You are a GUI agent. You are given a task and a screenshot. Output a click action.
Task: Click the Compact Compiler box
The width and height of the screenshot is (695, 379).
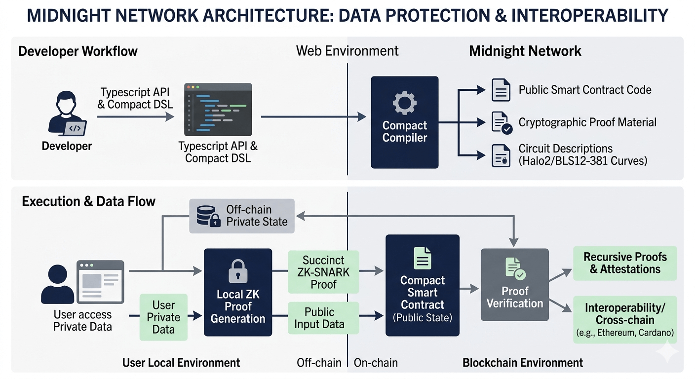point(404,122)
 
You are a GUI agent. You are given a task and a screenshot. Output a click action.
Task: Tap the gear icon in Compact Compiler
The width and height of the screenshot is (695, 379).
point(404,104)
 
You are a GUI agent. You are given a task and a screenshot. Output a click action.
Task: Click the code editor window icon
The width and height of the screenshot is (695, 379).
point(218,109)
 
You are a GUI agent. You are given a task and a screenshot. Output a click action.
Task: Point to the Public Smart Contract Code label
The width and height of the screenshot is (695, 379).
point(584,90)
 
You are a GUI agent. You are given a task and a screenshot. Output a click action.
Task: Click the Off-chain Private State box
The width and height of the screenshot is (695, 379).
point(242,216)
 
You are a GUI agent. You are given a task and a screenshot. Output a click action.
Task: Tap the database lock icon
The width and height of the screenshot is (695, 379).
point(208,216)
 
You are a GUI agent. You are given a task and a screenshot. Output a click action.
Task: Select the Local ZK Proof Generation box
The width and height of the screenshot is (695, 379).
point(237,292)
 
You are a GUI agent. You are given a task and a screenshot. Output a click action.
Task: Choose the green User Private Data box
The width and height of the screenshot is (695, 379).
point(163,317)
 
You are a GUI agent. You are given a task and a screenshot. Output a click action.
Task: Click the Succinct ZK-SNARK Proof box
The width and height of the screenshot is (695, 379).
point(323,272)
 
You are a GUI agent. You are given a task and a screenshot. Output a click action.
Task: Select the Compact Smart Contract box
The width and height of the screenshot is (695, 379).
point(422,285)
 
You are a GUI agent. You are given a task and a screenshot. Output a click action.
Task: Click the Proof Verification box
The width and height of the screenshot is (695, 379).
point(514,285)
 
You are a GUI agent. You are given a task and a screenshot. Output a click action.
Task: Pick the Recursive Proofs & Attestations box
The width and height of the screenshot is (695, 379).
point(624,263)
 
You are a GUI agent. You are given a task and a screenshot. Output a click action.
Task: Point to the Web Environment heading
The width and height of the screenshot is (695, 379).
point(347,51)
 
